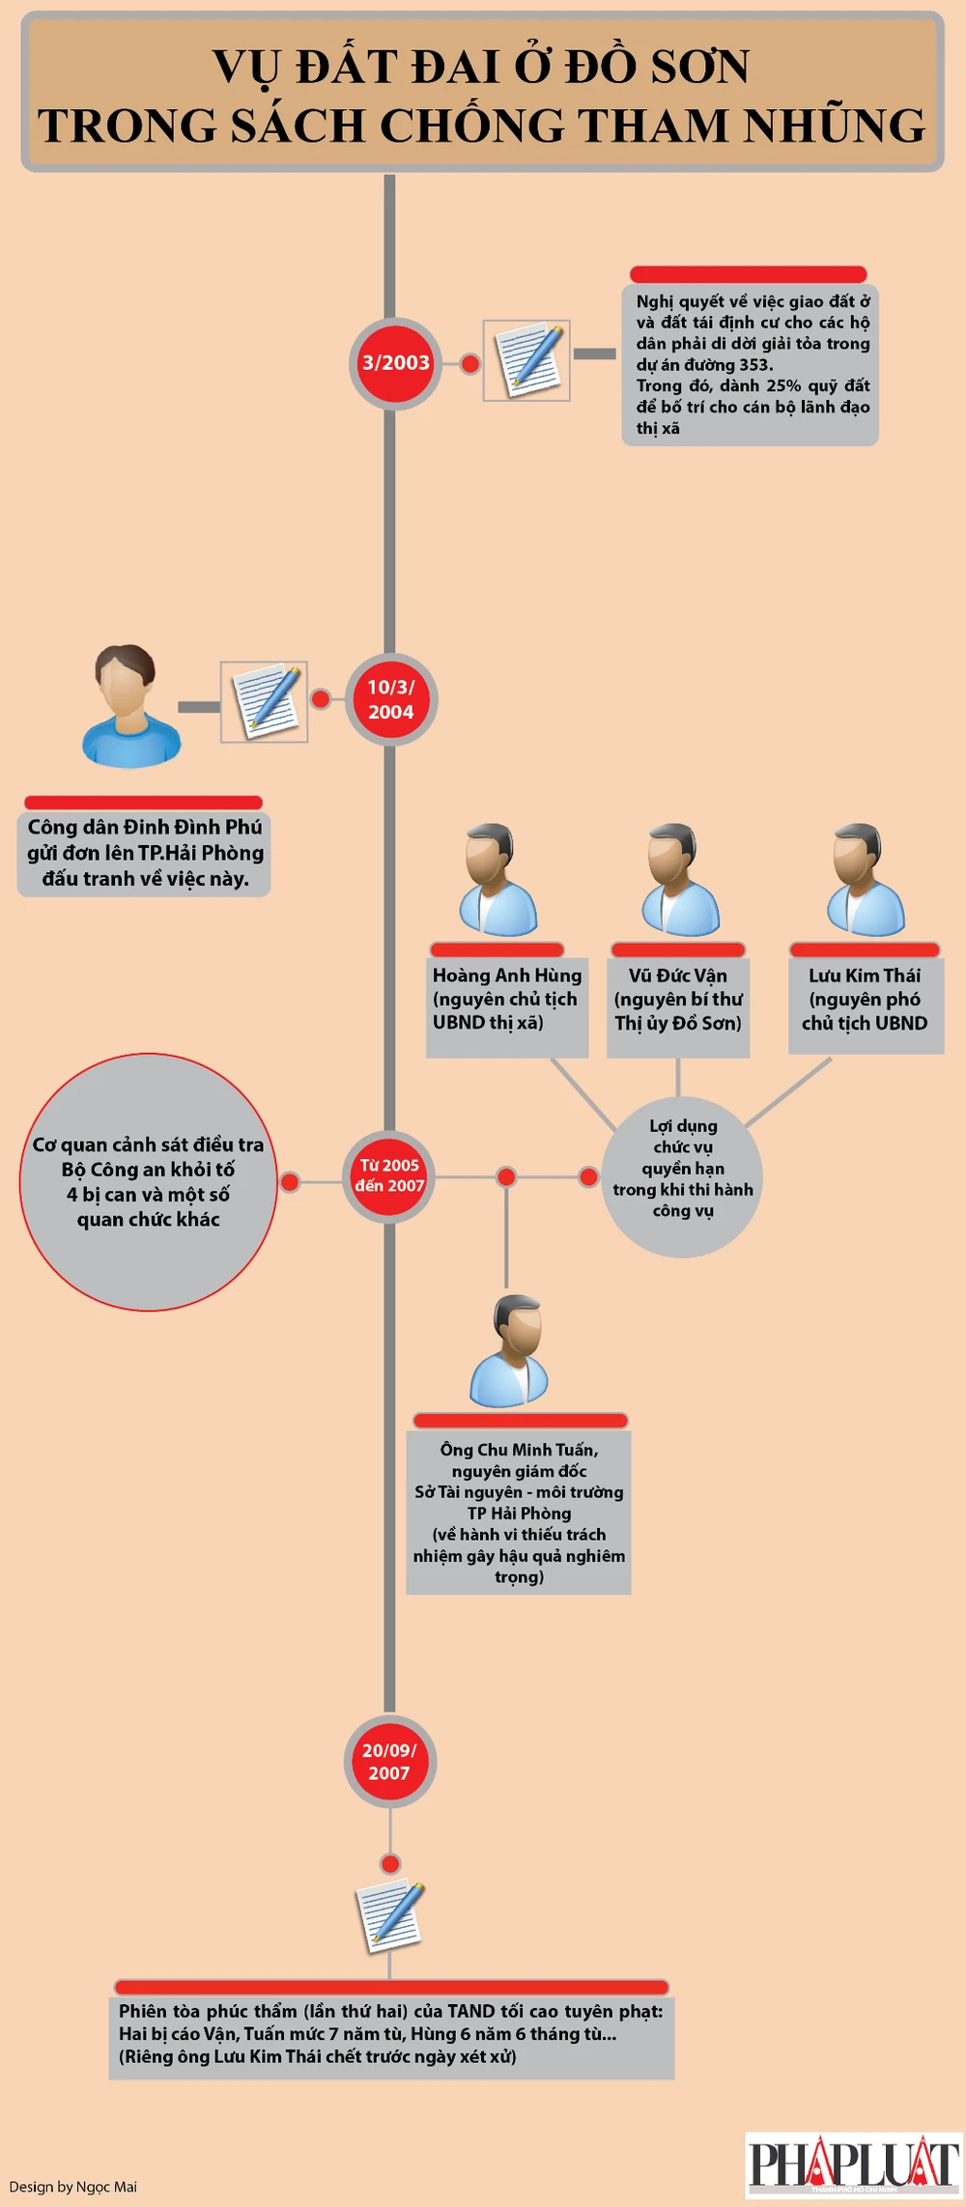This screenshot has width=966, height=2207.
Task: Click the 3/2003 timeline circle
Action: pos(395,363)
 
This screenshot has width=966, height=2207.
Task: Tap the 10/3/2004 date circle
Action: pos(391,699)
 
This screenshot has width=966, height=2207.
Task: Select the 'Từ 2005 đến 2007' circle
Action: pos(389,1176)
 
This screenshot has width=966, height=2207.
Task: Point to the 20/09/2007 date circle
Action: pos(389,1762)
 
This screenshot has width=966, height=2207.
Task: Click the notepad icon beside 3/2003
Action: pos(526,360)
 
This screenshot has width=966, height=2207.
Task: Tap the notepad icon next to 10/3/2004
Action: pos(264,701)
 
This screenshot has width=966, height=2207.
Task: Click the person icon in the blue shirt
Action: pos(129,705)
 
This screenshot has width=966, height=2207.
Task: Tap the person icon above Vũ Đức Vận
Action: pos(680,879)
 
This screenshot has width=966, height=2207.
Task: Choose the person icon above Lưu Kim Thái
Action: pos(865,879)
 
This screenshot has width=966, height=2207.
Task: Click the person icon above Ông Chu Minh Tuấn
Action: pos(509,1351)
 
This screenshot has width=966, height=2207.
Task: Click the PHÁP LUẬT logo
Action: pos(853,2164)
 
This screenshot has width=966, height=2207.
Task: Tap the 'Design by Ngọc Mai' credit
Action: pos(73,2187)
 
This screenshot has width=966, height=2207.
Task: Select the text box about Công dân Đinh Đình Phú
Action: pos(145,853)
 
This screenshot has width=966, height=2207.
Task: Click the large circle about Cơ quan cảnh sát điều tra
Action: pos(148,1181)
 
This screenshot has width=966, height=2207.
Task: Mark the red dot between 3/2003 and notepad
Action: pos(469,363)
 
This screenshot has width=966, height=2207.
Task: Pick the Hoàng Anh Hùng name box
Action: pos(506,1000)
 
